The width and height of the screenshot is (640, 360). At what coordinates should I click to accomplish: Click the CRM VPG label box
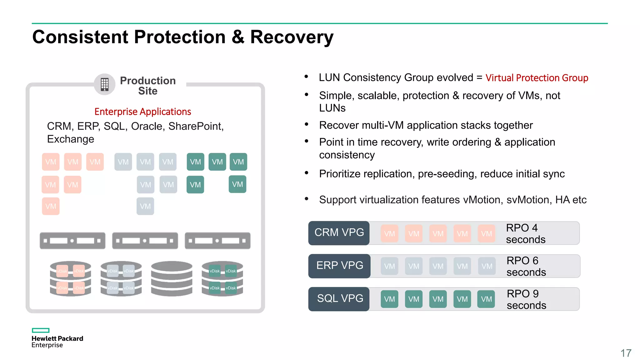click(x=339, y=233)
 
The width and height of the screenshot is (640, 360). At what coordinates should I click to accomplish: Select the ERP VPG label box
click(x=339, y=266)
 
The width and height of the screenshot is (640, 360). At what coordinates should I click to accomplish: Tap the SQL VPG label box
click(x=339, y=299)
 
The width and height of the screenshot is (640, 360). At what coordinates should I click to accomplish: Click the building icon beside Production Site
click(x=105, y=84)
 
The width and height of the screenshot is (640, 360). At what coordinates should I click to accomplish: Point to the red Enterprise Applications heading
click(x=142, y=112)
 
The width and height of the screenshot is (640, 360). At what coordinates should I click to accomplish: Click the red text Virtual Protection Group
click(x=537, y=78)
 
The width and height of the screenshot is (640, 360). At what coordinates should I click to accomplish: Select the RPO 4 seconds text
click(x=525, y=233)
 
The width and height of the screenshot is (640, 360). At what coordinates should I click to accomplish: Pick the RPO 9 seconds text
click(x=526, y=299)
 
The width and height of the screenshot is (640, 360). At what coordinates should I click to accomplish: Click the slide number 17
click(x=626, y=353)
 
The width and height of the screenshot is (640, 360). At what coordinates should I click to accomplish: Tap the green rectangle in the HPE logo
click(x=41, y=330)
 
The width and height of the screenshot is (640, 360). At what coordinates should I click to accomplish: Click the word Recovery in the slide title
click(x=292, y=37)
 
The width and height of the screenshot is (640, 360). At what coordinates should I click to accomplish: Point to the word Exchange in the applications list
click(x=71, y=139)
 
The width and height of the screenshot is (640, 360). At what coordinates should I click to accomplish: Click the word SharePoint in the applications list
click(x=196, y=126)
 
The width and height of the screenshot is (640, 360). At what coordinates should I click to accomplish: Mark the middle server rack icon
click(x=145, y=241)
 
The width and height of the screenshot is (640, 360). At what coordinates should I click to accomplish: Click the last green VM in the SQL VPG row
click(x=486, y=299)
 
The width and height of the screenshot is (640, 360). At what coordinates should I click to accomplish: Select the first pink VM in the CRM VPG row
click(x=389, y=233)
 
